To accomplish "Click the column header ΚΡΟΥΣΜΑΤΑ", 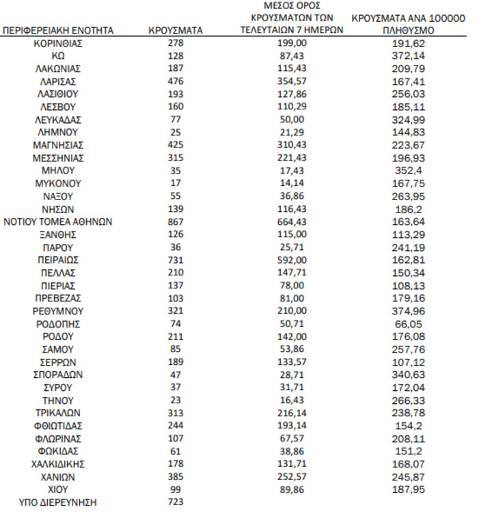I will click(x=175, y=31).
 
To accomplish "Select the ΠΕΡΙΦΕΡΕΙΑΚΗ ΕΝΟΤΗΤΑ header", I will click(x=58, y=31).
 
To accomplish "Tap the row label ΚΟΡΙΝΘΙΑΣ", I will click(x=58, y=43).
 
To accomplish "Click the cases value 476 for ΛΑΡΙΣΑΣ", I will click(x=175, y=81).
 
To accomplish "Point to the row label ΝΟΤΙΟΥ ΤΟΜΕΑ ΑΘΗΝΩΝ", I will click(x=58, y=221).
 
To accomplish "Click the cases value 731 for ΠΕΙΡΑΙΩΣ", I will click(x=175, y=260).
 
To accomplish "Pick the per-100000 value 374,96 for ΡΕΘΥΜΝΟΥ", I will click(x=408, y=311).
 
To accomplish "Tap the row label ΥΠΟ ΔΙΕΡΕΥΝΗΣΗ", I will click(x=58, y=502).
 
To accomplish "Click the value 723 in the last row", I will click(x=175, y=502).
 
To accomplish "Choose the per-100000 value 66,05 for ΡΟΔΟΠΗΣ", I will click(x=408, y=324).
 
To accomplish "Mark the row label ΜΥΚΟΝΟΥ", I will click(x=58, y=183).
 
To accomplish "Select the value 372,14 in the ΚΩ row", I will click(x=408, y=55).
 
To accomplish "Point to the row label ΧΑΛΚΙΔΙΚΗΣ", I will click(x=58, y=464).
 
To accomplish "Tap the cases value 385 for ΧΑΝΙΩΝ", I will click(x=175, y=477).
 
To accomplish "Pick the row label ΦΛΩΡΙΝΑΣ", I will click(x=58, y=439).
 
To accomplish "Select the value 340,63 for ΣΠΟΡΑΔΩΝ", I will click(x=408, y=374).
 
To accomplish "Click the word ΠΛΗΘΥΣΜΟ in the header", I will click(x=408, y=31).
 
